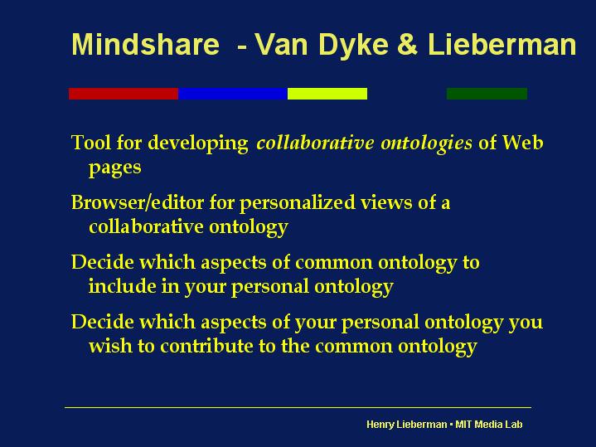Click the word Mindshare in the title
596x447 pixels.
pos(146,44)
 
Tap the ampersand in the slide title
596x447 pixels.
pos(407,44)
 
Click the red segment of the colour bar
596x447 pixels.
pos(124,94)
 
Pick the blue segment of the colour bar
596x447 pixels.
pos(233,94)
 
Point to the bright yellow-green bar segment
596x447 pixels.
pos(327,94)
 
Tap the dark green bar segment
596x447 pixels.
pos(487,94)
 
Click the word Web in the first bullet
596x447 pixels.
pos(523,143)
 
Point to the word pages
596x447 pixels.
pos(114,168)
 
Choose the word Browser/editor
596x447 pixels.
pos(138,202)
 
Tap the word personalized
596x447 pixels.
pos(298,203)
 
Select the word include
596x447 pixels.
pos(123,286)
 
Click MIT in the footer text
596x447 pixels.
pos(463,424)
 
